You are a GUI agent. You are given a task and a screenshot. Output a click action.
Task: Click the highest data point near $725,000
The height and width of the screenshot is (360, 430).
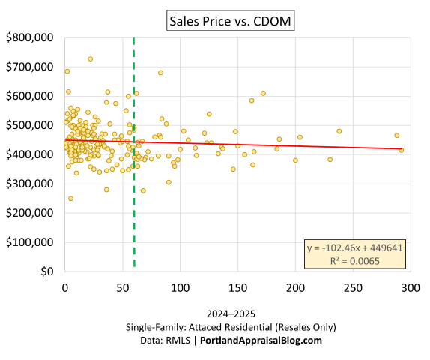(x=90, y=58)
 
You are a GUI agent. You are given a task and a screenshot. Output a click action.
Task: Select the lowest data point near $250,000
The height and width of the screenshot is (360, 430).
(x=70, y=199)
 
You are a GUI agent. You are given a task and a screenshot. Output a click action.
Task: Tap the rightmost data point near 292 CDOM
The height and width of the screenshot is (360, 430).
(x=402, y=150)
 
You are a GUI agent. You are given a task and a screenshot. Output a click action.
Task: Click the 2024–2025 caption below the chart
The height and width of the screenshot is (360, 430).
(x=215, y=314)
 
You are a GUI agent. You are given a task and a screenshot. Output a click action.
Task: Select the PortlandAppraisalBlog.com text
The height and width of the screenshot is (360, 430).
(x=260, y=340)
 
